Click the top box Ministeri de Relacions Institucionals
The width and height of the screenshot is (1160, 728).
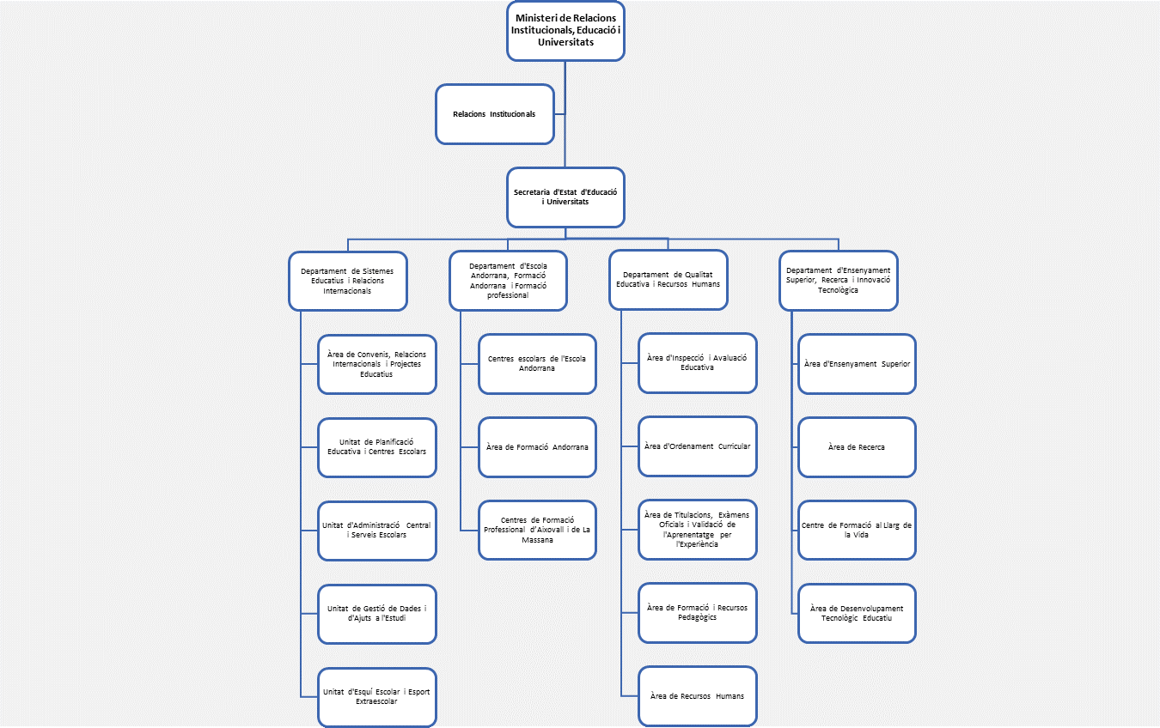coord(565,31)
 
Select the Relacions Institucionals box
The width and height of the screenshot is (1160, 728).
coord(494,113)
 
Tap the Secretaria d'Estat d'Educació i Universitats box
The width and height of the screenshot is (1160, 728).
coord(565,197)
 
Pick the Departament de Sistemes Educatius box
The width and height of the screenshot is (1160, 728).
coord(347,281)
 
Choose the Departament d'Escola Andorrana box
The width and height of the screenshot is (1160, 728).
coord(508,281)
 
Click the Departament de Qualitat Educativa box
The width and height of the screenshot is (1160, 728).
coord(669,280)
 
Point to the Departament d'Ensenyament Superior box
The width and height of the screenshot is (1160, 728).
coord(838,280)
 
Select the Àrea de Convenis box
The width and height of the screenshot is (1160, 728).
coord(376,364)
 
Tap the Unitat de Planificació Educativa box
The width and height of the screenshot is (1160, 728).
coord(376,447)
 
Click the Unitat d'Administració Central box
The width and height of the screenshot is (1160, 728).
coord(376,531)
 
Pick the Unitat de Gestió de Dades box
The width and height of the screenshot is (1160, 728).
coord(376,613)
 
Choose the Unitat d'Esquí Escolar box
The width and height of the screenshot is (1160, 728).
coord(376,696)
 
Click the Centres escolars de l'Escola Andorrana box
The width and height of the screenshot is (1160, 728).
coord(537,364)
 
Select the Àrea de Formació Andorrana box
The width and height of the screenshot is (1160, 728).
coord(537,447)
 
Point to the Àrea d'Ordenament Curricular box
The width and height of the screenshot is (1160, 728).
coord(698,446)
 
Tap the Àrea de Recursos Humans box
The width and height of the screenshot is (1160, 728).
coord(698,695)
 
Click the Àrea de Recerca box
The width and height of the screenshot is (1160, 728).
coord(857,447)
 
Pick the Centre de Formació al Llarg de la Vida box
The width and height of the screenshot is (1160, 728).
coord(857,530)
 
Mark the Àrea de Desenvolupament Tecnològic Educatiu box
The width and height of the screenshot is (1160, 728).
coord(857,613)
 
